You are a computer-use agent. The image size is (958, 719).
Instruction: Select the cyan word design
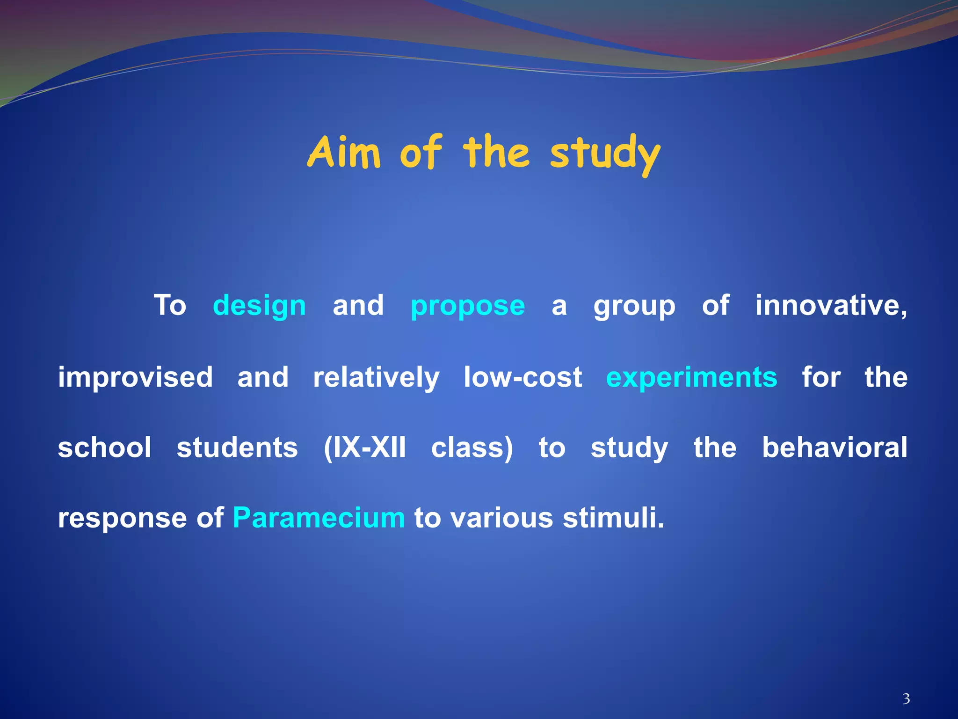pyautogui.click(x=259, y=306)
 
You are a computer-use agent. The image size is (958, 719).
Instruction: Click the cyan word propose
pyautogui.click(x=467, y=306)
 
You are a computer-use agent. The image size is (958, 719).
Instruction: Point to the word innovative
pyautogui.click(x=831, y=305)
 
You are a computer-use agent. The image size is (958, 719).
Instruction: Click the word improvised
pyautogui.click(x=135, y=377)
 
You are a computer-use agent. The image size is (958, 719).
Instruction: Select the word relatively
pyautogui.click(x=376, y=377)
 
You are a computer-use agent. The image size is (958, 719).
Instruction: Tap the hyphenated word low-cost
pyautogui.click(x=523, y=377)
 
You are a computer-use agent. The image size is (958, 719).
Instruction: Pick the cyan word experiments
pyautogui.click(x=691, y=377)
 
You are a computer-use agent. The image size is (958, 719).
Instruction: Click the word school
pyautogui.click(x=104, y=448)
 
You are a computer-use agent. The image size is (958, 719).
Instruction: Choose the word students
pyautogui.click(x=237, y=448)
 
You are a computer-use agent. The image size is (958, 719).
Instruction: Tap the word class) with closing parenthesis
pyautogui.click(x=472, y=448)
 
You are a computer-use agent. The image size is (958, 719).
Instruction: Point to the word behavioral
pyautogui.click(x=835, y=448)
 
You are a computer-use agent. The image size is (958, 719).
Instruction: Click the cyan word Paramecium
pyautogui.click(x=319, y=518)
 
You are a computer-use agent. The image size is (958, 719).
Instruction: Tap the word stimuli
pyautogui.click(x=613, y=518)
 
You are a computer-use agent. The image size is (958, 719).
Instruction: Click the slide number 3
pyautogui.click(x=906, y=699)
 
